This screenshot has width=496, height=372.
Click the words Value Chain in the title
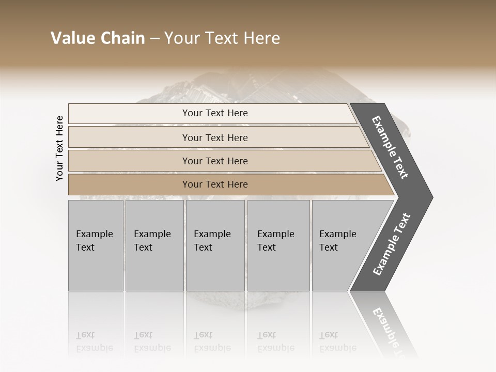click(x=98, y=38)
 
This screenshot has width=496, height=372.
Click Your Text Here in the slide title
click(x=222, y=38)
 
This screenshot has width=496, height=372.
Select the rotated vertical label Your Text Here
click(x=59, y=148)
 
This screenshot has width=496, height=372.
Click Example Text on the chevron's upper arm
click(x=390, y=147)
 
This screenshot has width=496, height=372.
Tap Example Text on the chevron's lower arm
click(x=391, y=244)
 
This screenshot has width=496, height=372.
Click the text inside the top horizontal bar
click(x=215, y=113)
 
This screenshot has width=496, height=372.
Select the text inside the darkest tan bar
click(x=215, y=184)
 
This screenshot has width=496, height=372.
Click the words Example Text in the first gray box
click(x=94, y=241)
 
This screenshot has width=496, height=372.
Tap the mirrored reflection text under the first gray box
click(x=94, y=342)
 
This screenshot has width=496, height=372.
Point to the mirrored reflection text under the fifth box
click(x=337, y=342)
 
